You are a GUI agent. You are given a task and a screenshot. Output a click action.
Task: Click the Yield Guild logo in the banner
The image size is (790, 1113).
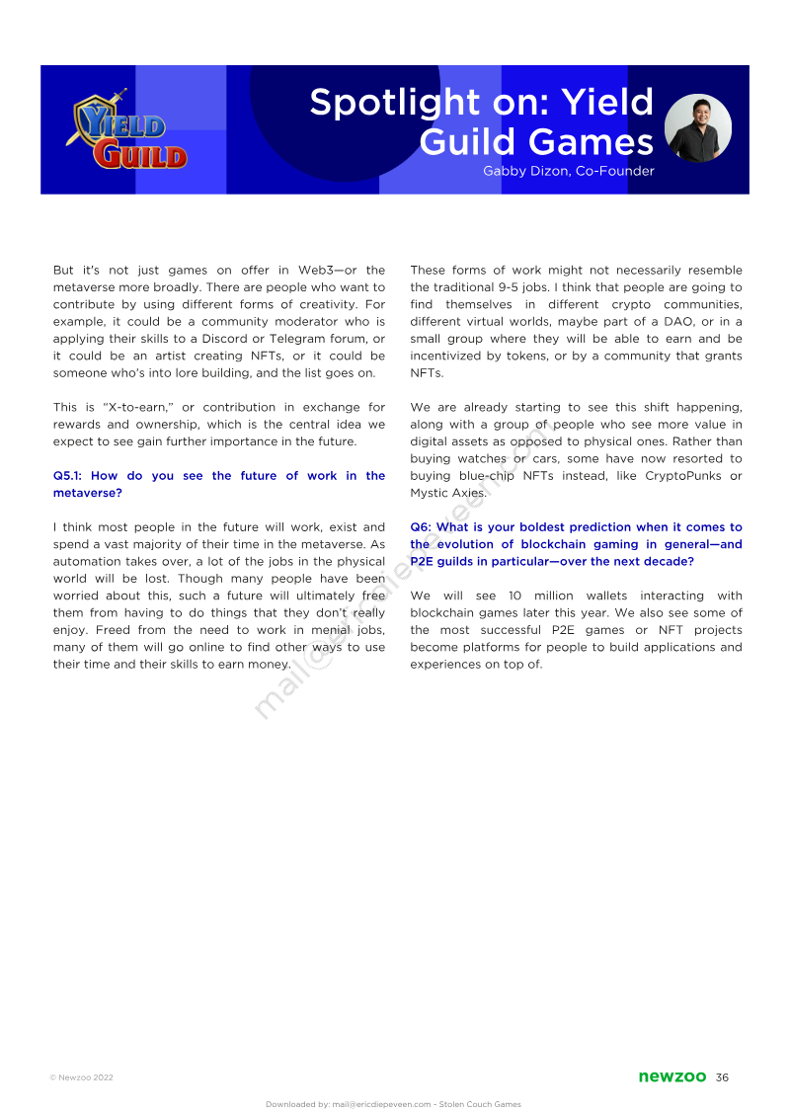click(126, 131)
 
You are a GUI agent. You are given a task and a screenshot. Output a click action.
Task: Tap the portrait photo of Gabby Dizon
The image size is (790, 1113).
click(698, 128)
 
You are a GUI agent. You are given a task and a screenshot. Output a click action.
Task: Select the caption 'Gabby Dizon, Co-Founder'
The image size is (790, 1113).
click(568, 171)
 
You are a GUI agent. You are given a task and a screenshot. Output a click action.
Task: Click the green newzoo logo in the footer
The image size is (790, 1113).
click(671, 1076)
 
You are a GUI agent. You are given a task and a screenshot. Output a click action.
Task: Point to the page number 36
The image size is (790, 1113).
click(722, 1076)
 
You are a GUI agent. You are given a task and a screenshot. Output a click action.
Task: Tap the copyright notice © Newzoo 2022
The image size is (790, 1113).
click(81, 1077)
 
